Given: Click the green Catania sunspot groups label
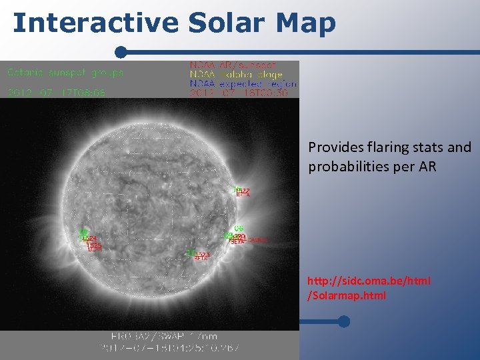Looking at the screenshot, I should [65, 72].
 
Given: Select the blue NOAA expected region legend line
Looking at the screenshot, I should [243, 85].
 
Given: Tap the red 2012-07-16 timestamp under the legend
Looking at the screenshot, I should [239, 94].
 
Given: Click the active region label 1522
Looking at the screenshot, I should [243, 191].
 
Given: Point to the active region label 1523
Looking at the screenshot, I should [203, 255].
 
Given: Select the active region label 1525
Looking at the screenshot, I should [95, 246].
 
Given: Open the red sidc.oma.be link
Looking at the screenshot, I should [369, 281].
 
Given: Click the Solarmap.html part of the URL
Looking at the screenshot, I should [346, 295].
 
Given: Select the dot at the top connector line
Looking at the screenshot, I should [121, 52].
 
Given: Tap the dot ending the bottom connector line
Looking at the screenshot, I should [343, 322].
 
